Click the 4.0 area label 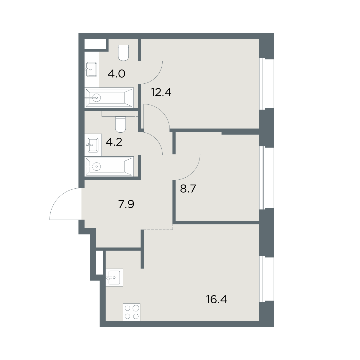tap(116, 74)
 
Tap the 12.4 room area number tap(161, 92)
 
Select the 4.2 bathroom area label tap(114, 142)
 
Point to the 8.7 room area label tap(188, 189)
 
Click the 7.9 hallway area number tap(126, 204)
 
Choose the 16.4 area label tap(217, 305)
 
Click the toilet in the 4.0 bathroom tap(124, 53)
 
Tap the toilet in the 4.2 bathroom tap(121, 124)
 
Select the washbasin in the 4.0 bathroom tap(91, 70)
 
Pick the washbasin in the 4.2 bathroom tap(93, 145)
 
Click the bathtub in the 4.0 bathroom tap(109, 97)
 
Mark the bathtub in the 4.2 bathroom tap(109, 166)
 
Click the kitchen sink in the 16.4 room tap(114, 277)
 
